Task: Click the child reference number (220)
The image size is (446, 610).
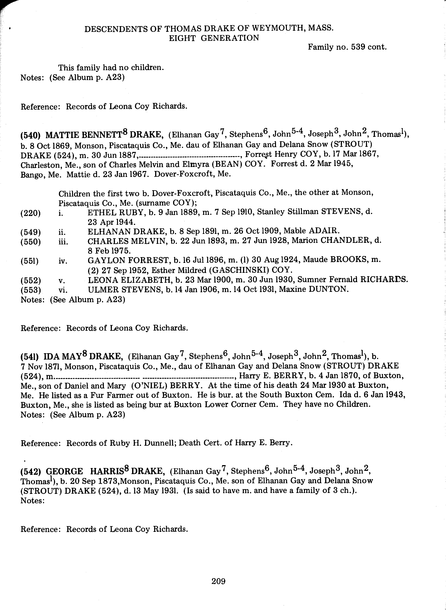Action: (x=30, y=213)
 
